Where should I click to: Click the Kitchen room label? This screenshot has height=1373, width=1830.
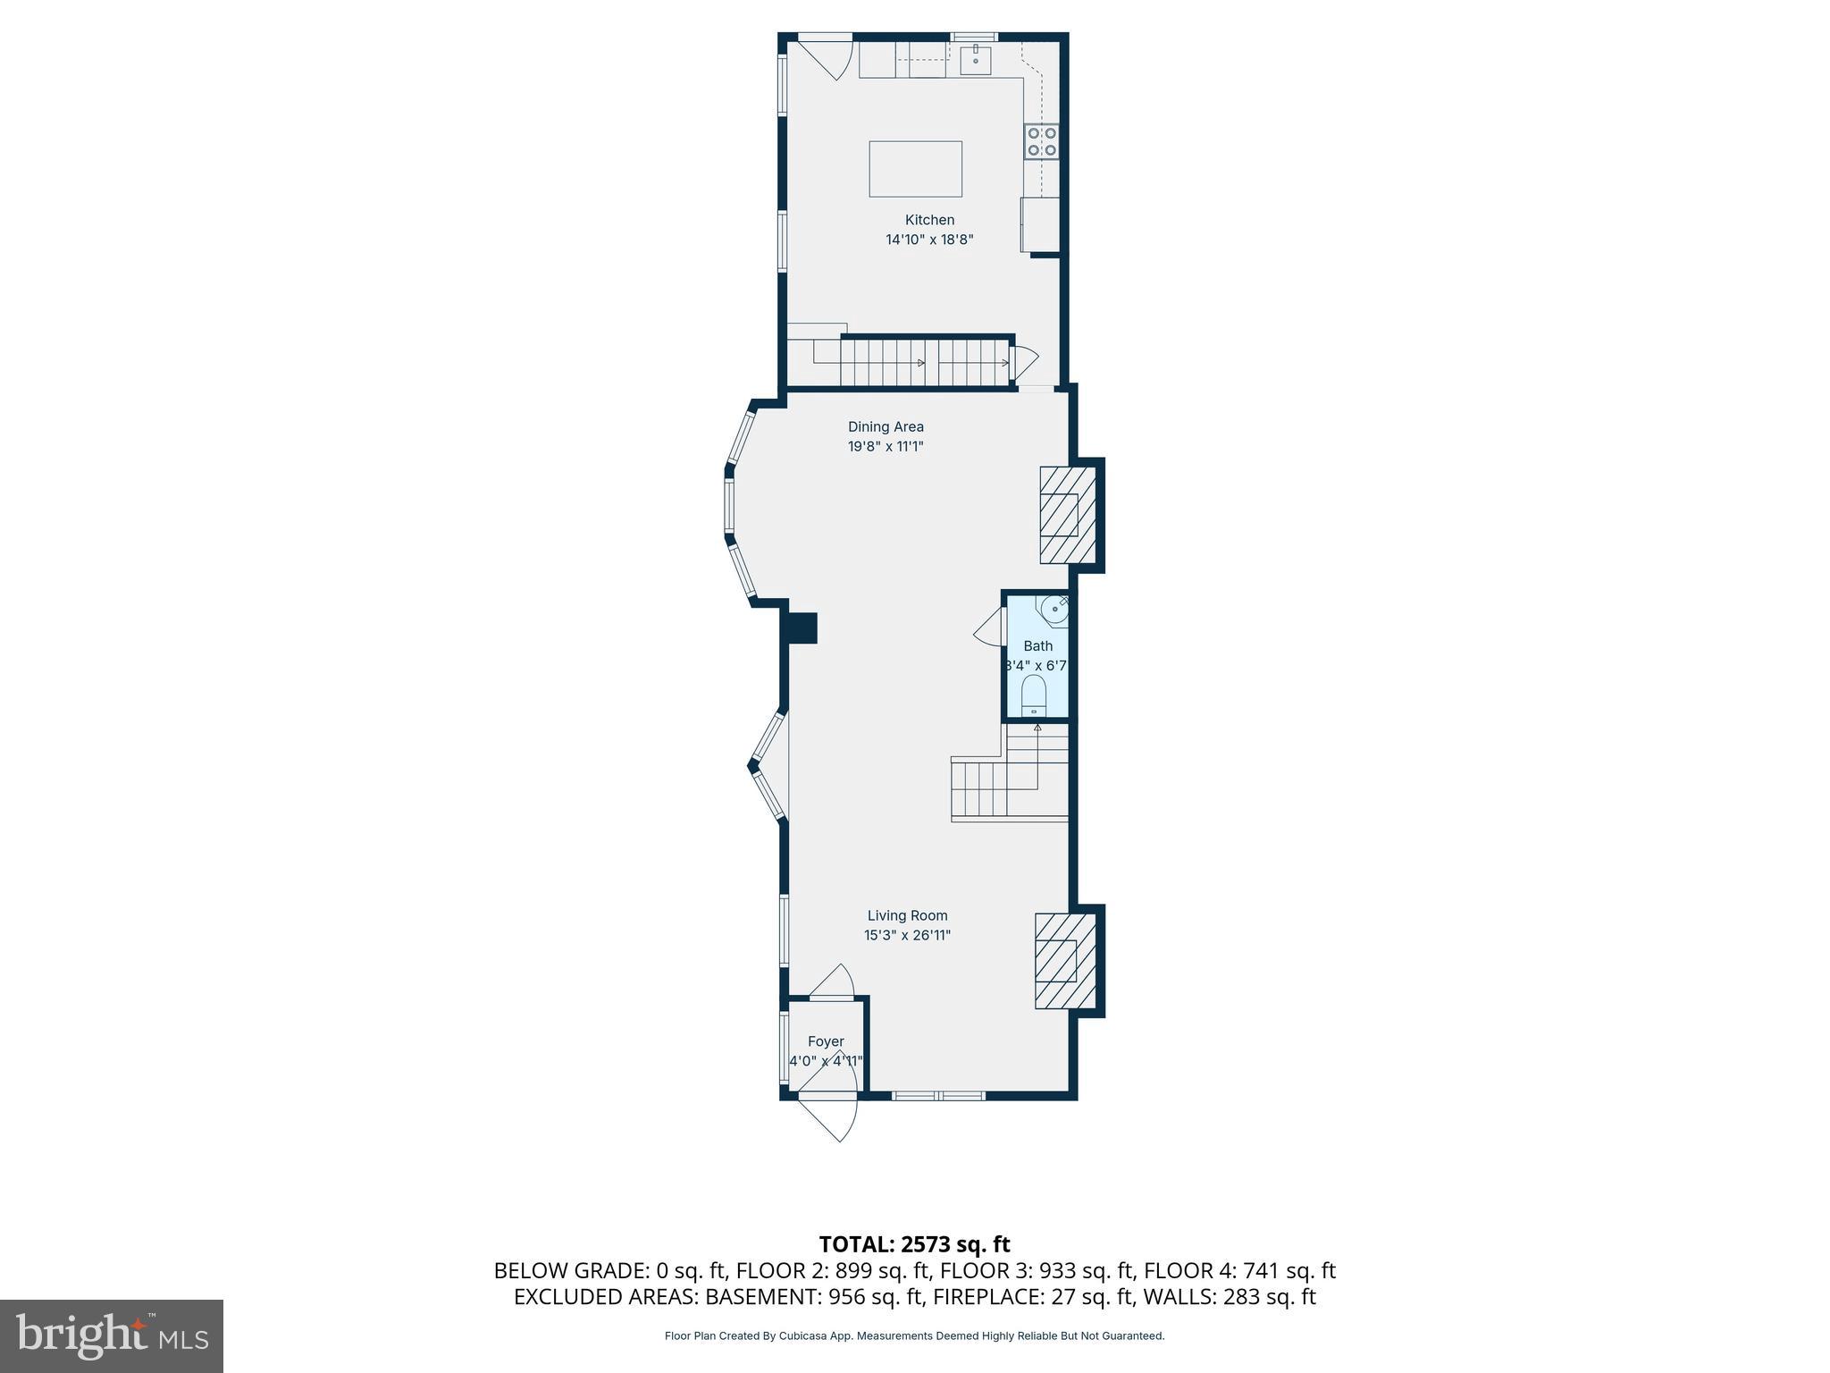point(929,220)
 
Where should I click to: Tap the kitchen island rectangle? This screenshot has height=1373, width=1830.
point(915,169)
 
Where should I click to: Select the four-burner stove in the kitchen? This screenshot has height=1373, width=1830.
point(1042,142)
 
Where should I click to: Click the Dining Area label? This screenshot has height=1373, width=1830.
point(886,427)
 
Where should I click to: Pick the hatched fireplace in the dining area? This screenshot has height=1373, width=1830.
point(1067,515)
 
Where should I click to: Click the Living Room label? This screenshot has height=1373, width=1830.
point(907,915)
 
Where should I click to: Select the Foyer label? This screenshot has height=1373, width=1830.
point(826,1041)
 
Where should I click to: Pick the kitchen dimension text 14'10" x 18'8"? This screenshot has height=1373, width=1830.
point(929,240)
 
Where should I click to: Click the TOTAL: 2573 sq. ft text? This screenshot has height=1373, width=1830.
point(914,1244)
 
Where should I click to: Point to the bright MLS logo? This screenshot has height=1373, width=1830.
point(112,1335)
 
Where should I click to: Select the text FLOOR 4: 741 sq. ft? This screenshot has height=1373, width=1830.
point(1239,1270)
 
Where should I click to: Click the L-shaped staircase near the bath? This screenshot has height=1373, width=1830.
point(1011,774)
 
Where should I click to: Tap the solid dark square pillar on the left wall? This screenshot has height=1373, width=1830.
point(801,628)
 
